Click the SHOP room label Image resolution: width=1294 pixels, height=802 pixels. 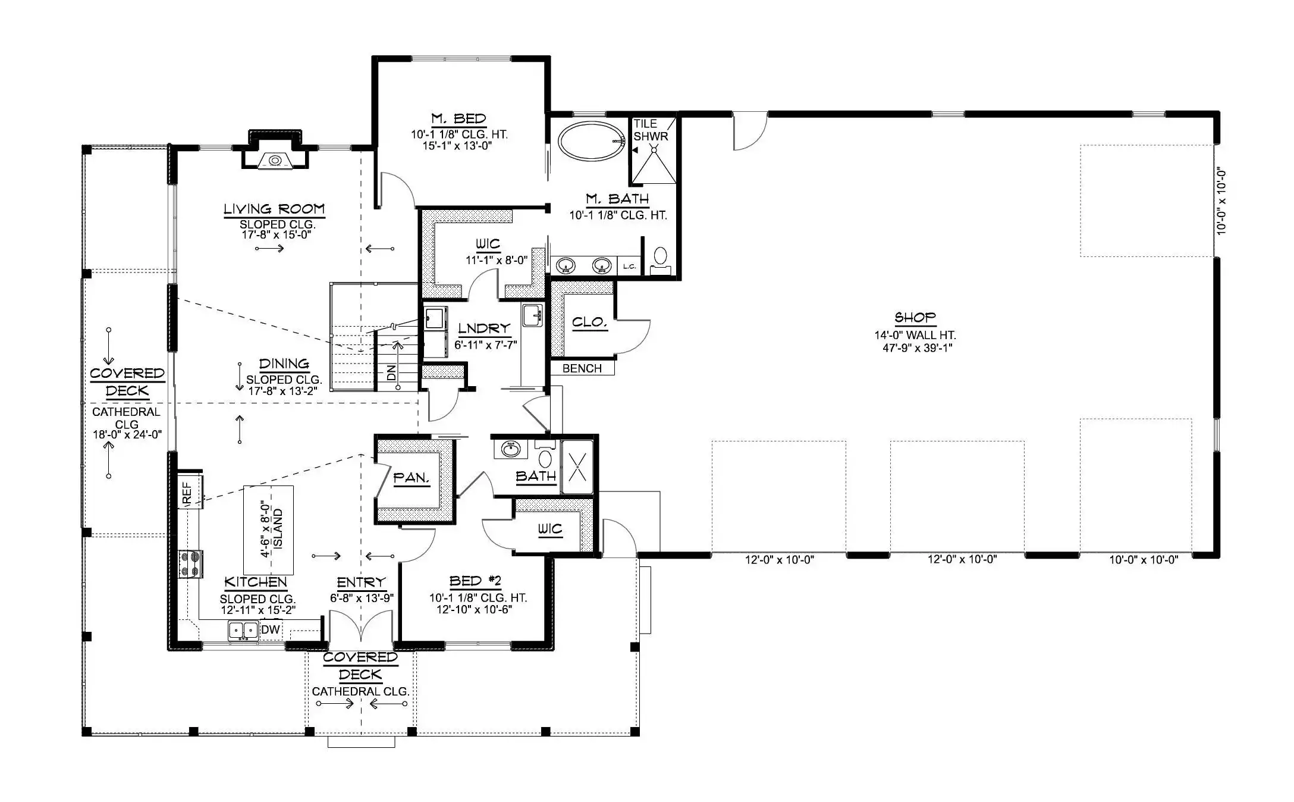coord(915,317)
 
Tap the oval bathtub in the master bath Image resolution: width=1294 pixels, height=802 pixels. coord(591,141)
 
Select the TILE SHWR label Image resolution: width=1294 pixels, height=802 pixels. coord(651,130)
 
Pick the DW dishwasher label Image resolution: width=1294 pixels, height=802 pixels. coord(271,629)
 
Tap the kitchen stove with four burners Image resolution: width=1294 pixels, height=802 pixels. coord(191,564)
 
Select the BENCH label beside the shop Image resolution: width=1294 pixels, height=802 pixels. coord(582,368)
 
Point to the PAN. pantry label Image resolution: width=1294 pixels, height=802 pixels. coord(412,478)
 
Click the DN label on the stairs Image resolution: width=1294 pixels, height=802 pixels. coord(391,373)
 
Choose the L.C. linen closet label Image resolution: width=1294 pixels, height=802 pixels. coord(629,267)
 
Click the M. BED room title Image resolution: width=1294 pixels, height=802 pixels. coord(458,118)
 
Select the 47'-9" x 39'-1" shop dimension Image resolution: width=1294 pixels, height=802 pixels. coord(917,348)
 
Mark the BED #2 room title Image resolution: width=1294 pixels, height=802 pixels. coord(476,581)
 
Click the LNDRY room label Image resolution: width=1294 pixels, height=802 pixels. coord(484,328)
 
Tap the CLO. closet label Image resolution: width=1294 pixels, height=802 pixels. coord(589,322)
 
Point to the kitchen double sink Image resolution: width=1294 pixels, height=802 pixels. coord(244,629)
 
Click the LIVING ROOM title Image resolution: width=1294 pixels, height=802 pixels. coord(274,209)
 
